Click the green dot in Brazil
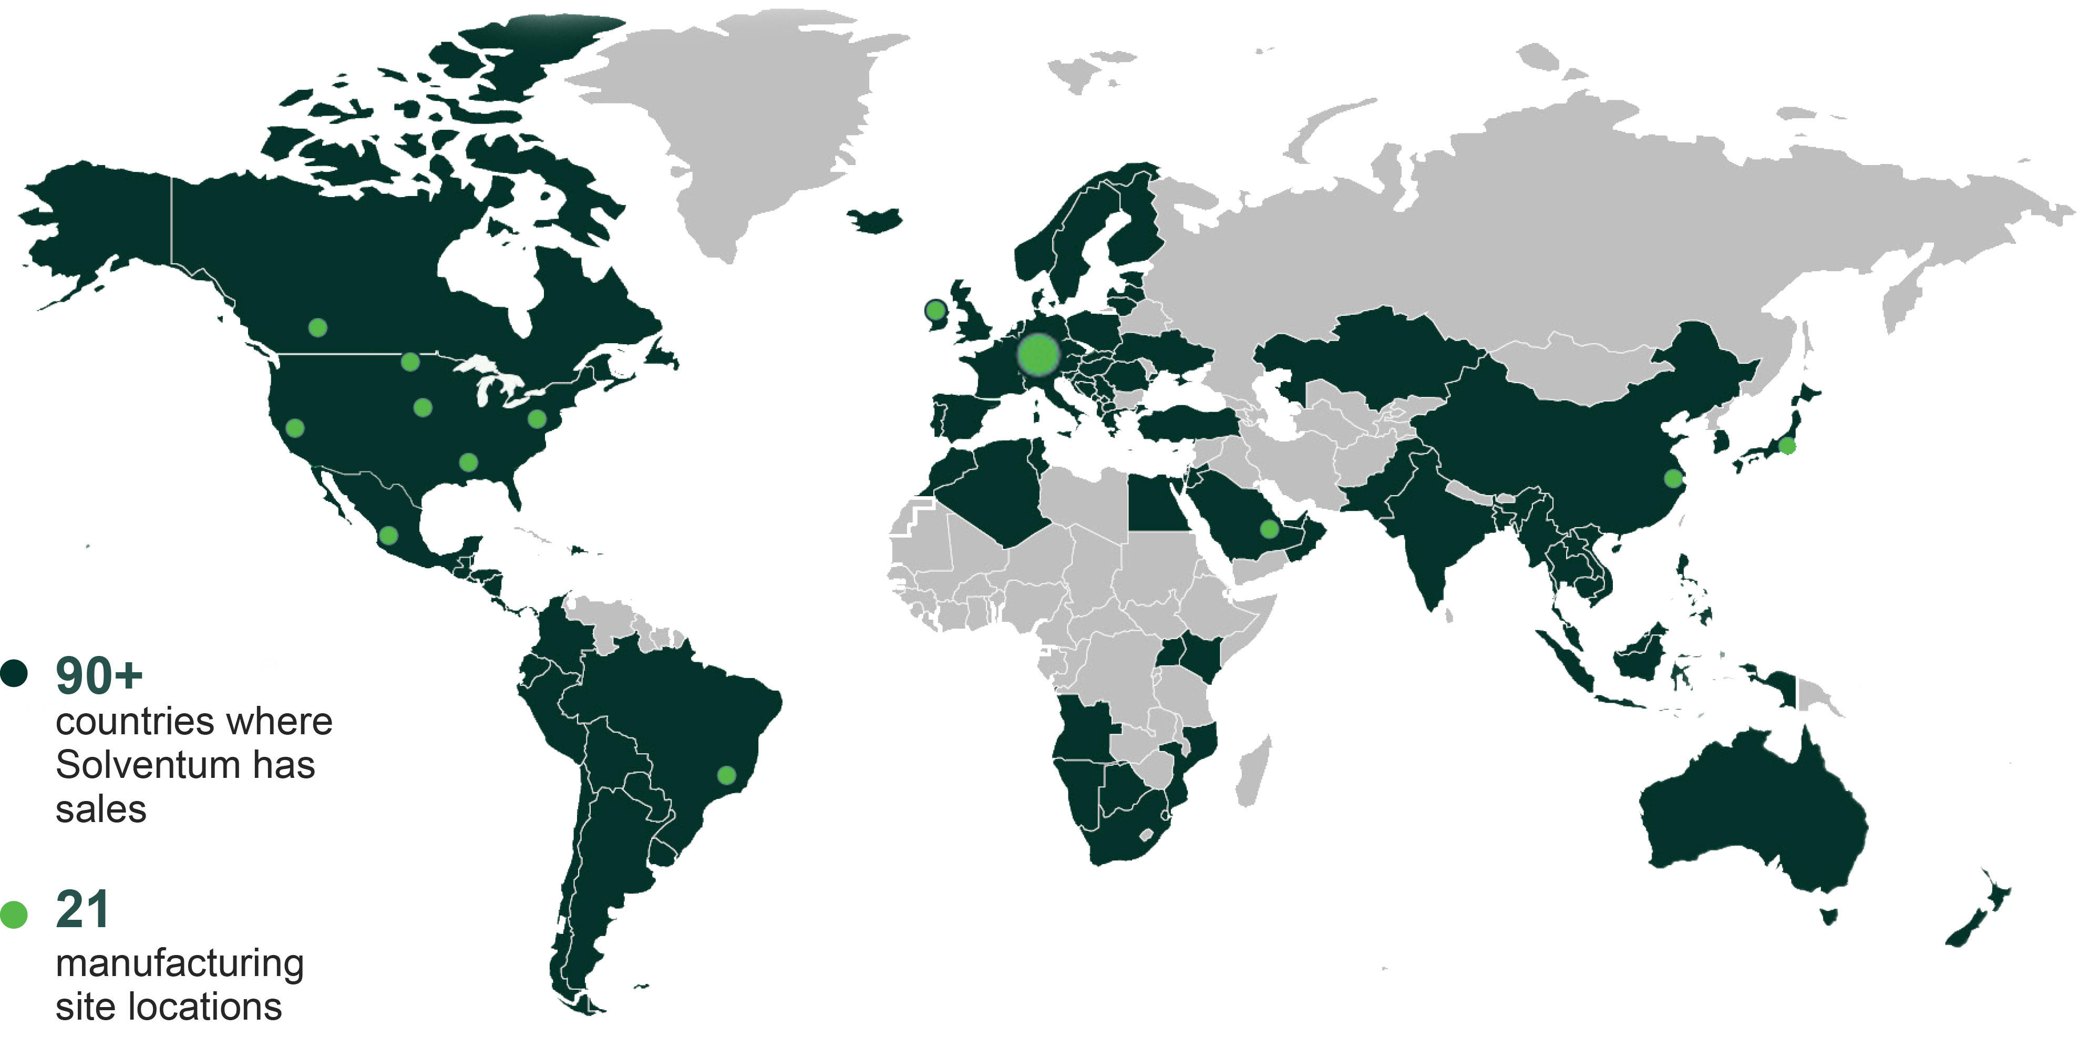point(726,776)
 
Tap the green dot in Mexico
point(388,535)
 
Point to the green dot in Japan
point(1787,446)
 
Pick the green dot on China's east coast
point(1673,478)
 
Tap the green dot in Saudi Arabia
point(1269,529)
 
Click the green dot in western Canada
point(318,327)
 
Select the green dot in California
point(295,428)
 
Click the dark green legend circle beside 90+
point(15,673)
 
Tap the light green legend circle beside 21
point(14,915)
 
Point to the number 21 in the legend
point(83,910)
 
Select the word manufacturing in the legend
point(180,963)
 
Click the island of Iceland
point(874,220)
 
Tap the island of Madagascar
point(1255,771)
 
